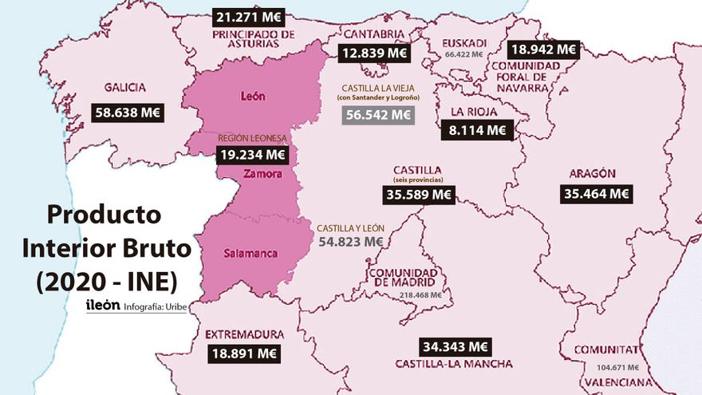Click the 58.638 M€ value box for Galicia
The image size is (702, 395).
click(x=128, y=113)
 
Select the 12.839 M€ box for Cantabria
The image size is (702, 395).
click(x=373, y=53)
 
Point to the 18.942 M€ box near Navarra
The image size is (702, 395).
click(x=544, y=49)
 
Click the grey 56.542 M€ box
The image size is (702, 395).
click(x=378, y=115)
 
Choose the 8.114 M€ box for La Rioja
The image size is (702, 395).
click(x=478, y=129)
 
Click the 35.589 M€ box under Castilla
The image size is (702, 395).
click(x=419, y=194)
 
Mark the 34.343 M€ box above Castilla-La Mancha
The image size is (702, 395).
click(x=456, y=347)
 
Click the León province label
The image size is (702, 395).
click(x=252, y=97)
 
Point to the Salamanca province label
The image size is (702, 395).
click(x=251, y=254)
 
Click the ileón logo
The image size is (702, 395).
click(x=102, y=305)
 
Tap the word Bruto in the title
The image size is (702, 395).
click(x=151, y=248)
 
